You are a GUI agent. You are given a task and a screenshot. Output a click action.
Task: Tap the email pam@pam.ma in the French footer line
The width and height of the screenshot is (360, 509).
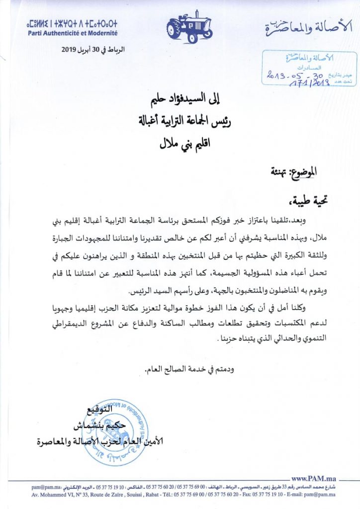(x=322, y=495)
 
